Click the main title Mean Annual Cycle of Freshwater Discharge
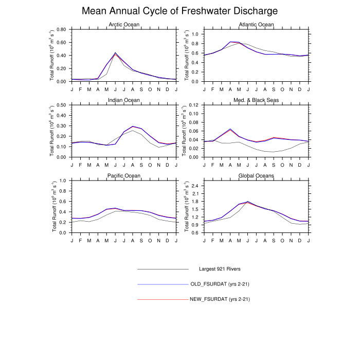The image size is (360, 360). (x=180, y=11)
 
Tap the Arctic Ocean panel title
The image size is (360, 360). (x=124, y=25)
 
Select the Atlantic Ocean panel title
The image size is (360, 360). (x=257, y=25)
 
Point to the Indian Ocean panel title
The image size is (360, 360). (x=124, y=100)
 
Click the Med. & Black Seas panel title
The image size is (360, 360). (x=257, y=100)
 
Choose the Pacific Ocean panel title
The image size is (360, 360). (x=124, y=175)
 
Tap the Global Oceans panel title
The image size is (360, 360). (x=257, y=175)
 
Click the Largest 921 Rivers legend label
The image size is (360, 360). (x=220, y=269)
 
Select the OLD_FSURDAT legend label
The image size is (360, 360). (x=220, y=284)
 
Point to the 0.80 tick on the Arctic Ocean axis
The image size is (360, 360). (x=61, y=29)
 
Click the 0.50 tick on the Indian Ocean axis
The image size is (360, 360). (x=61, y=105)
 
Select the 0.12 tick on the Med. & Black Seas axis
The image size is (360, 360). (x=194, y=105)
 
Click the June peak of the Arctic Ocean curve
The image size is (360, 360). (x=115, y=53)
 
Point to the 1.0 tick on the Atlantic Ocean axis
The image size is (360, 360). (x=196, y=34)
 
